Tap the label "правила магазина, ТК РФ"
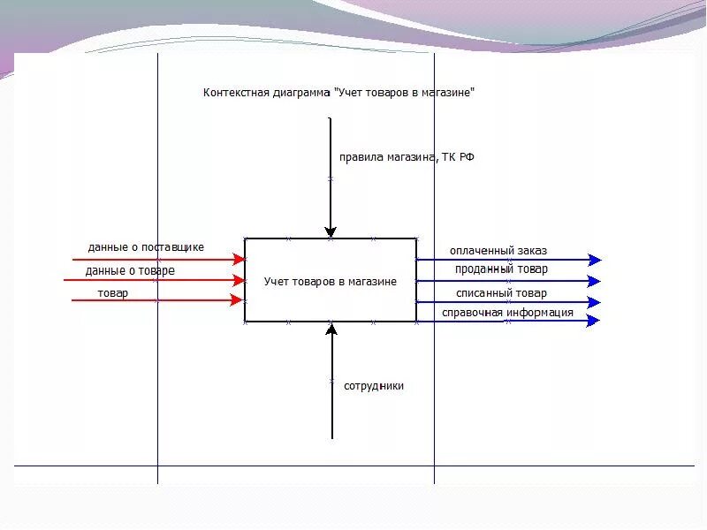coord(407,158)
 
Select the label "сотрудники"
coord(374,386)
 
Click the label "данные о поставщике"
coord(146,247)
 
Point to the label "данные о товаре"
coord(130,271)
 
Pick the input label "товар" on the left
coord(113,292)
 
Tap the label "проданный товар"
coord(501,269)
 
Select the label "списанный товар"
coord(501,293)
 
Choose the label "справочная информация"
coord(507,313)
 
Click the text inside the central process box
coord(331,282)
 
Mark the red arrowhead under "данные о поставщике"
coord(239,260)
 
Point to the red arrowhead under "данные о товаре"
coord(239,280)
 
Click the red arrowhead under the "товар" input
coord(237,300)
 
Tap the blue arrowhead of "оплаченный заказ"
coord(595,260)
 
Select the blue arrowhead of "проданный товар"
coord(595,281)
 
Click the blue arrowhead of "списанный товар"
coord(595,302)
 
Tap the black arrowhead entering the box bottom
coord(332,330)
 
